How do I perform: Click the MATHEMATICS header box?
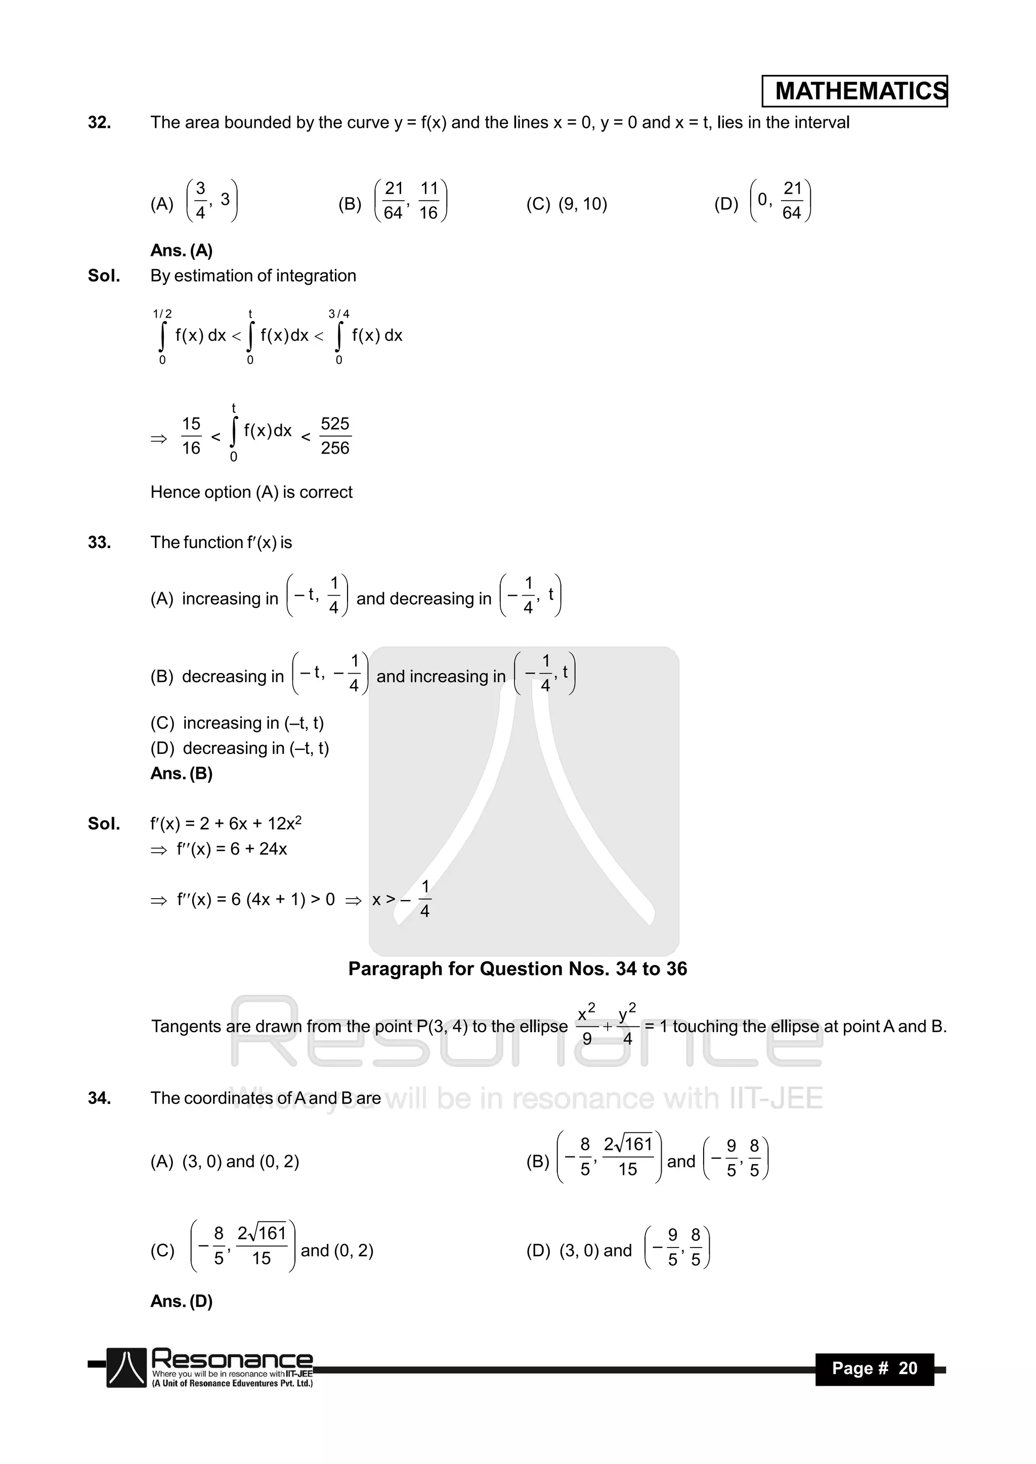854,91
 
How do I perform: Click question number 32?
100,122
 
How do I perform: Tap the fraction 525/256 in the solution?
335,436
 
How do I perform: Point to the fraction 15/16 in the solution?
191,436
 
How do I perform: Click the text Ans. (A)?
181,251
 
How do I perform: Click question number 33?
100,543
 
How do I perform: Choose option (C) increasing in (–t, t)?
237,723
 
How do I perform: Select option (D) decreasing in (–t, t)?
240,748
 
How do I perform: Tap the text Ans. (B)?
181,773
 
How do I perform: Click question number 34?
100,1098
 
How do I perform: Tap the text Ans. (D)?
181,1301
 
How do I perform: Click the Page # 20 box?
874,1368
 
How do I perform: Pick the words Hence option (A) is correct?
251,492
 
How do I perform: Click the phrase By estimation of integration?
253,276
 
